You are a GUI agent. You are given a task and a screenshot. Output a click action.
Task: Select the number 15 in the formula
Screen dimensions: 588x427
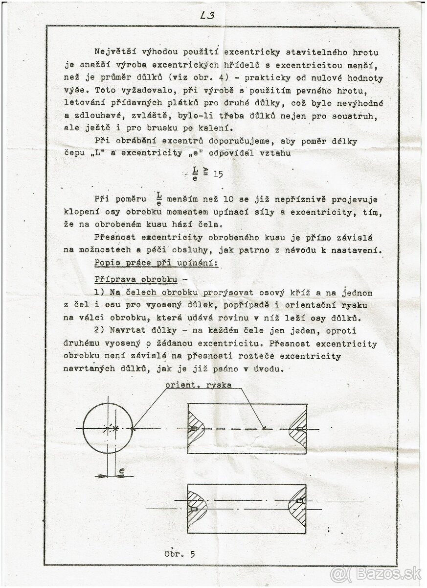[x=217, y=174]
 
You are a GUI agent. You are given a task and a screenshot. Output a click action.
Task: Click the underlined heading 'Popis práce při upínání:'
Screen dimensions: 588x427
[x=156, y=263]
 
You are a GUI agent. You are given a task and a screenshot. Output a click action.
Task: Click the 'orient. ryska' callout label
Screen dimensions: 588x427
[x=198, y=385]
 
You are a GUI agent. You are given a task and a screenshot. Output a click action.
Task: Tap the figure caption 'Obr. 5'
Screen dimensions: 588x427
[x=180, y=554]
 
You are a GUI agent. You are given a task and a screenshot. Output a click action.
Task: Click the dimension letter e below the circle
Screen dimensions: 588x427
[x=121, y=471]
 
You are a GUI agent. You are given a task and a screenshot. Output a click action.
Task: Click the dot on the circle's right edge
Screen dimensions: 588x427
[x=133, y=429]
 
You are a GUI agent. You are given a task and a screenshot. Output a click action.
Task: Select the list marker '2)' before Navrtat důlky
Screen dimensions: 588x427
[x=100, y=331]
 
